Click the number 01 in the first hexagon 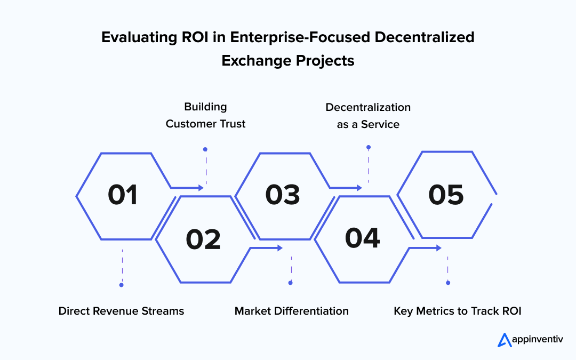click(x=123, y=195)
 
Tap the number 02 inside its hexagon click(x=203, y=239)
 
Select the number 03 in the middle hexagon click(x=283, y=195)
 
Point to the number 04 click(x=362, y=238)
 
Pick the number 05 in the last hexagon click(x=446, y=195)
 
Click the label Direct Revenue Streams click(x=121, y=311)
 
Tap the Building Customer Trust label click(x=205, y=115)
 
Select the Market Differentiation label click(x=292, y=311)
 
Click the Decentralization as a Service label click(x=368, y=115)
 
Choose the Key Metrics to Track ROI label click(x=457, y=311)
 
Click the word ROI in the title click(x=189, y=37)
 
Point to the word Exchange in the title click(x=253, y=61)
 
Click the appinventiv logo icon click(x=505, y=340)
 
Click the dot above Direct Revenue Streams click(x=122, y=285)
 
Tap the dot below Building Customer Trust click(x=205, y=149)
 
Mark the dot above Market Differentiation click(x=291, y=283)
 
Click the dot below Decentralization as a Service click(x=368, y=147)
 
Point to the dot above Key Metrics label click(x=447, y=283)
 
